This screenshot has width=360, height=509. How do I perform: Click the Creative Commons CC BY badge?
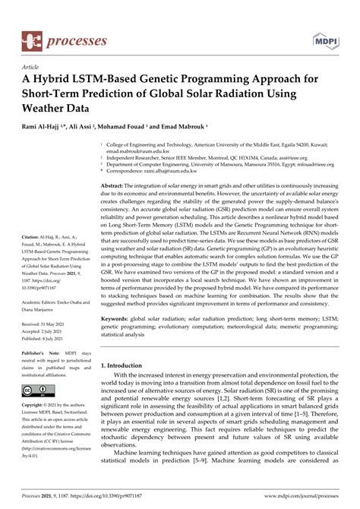click(x=39, y=392)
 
